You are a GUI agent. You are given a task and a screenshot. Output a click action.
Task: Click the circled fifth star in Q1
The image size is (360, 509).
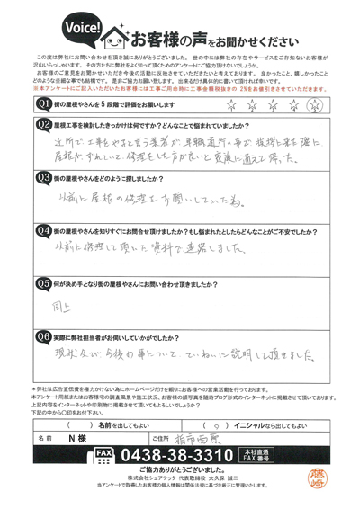point(313,103)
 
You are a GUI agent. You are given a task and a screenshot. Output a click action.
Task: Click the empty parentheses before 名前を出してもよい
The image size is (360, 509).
point(56,423)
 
